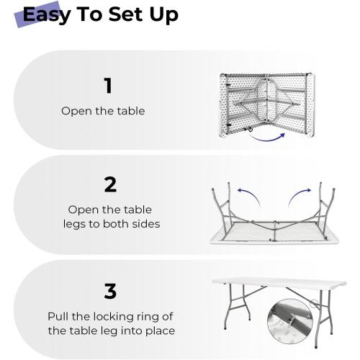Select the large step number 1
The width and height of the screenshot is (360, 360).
pos(108,86)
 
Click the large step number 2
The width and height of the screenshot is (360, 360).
pos(110,184)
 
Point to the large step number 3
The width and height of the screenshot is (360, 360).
pos(110,291)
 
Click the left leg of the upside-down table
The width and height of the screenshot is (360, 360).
pos(221,209)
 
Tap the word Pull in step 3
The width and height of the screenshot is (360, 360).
pos(60,316)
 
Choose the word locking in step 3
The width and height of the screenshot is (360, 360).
pos(116,316)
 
